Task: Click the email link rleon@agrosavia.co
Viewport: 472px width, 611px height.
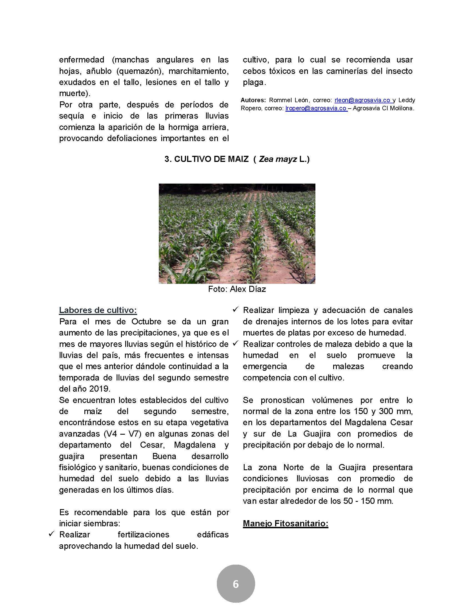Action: [362, 100]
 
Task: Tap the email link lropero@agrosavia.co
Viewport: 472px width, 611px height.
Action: [316, 109]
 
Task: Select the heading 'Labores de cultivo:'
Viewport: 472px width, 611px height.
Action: [98, 310]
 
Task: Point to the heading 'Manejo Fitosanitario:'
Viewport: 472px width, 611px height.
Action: [285, 524]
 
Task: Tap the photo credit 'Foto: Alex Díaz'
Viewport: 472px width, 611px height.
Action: [237, 289]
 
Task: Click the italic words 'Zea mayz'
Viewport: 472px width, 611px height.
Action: [278, 159]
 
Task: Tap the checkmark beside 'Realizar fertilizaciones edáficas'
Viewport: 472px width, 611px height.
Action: [51, 534]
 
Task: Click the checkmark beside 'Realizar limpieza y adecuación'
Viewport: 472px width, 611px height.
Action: [235, 309]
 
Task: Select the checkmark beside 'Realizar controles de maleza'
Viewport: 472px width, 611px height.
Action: [235, 343]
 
